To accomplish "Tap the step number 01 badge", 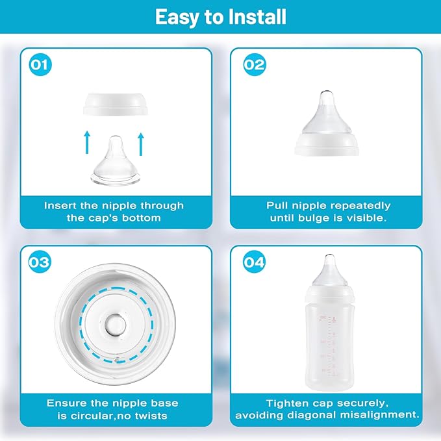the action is (x=40, y=64).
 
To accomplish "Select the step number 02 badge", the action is (x=255, y=64).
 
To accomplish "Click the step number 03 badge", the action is (x=40, y=262).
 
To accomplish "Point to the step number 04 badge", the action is (x=255, y=262).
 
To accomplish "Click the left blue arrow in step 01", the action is (x=87, y=142).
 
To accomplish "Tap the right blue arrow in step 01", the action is (x=141, y=144).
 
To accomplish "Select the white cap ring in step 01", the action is (x=116, y=105).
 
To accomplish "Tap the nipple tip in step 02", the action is (x=326, y=94).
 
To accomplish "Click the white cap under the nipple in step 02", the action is (x=327, y=144).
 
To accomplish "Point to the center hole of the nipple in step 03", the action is (x=116, y=325).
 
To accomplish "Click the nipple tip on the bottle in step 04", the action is (x=329, y=258).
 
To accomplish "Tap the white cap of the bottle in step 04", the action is (x=329, y=295).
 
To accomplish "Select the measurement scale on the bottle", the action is (x=329, y=346).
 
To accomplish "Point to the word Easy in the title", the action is (x=177, y=18).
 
